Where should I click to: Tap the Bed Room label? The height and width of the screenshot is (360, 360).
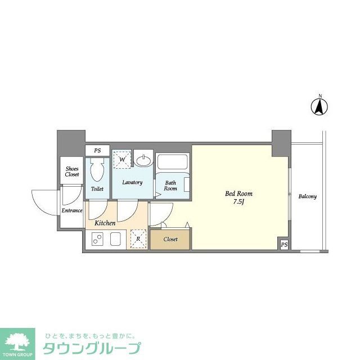[235, 193]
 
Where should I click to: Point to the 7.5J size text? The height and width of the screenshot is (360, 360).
[235, 202]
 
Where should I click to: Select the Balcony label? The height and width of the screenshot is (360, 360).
[307, 196]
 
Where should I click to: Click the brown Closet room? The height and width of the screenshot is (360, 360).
[170, 239]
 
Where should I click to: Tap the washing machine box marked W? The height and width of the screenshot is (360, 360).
[121, 159]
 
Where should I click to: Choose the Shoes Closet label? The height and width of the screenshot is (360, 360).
[72, 172]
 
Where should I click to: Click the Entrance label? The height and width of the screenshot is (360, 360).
[72, 211]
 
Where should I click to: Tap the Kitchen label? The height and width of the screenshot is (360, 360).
[105, 223]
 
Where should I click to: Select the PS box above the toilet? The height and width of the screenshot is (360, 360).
[97, 151]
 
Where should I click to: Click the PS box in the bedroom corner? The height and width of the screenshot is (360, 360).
[284, 245]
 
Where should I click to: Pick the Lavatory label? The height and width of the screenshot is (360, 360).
[133, 183]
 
